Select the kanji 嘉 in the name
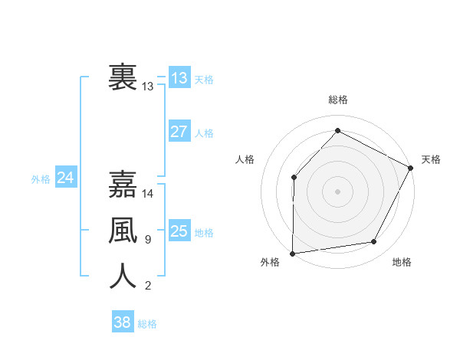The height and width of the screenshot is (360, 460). [x=123, y=185]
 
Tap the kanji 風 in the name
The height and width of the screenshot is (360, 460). [x=123, y=231]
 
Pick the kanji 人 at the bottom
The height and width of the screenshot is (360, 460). [x=123, y=277]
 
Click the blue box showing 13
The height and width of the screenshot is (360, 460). [x=179, y=77]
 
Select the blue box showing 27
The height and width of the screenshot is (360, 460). [x=179, y=131]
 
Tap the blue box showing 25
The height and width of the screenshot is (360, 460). [x=179, y=231]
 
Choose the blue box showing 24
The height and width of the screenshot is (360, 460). [x=66, y=178]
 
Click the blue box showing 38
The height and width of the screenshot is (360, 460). [x=123, y=322]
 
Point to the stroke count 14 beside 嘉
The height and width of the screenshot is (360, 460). [x=148, y=194]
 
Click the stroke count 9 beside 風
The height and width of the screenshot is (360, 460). [x=147, y=240]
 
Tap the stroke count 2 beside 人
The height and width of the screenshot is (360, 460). [x=147, y=286]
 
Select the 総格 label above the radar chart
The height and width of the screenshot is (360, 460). [x=337, y=100]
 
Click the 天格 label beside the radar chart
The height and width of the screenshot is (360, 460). [x=431, y=159]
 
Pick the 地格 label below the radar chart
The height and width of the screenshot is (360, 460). [x=402, y=262]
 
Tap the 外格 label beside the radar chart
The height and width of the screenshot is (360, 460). [x=270, y=262]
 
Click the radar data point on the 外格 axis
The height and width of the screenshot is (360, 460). [x=292, y=253]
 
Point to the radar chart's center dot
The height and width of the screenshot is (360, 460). [x=337, y=191]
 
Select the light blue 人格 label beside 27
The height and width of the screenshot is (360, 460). [x=204, y=133]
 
